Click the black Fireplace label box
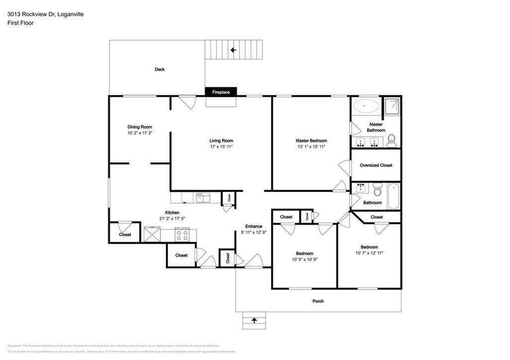221,92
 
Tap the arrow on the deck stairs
233,50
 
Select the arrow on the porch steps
255,320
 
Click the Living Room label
221,140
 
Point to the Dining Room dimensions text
139,133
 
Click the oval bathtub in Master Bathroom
366,106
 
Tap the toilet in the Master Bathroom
391,141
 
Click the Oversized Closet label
376,165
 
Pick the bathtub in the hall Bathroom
393,196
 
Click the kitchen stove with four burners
182,234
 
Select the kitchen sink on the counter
203,198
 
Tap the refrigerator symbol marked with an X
151,234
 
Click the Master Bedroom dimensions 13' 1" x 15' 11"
311,147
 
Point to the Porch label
318,301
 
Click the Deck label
159,70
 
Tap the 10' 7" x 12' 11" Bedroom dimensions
369,253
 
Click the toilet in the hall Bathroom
377,189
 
